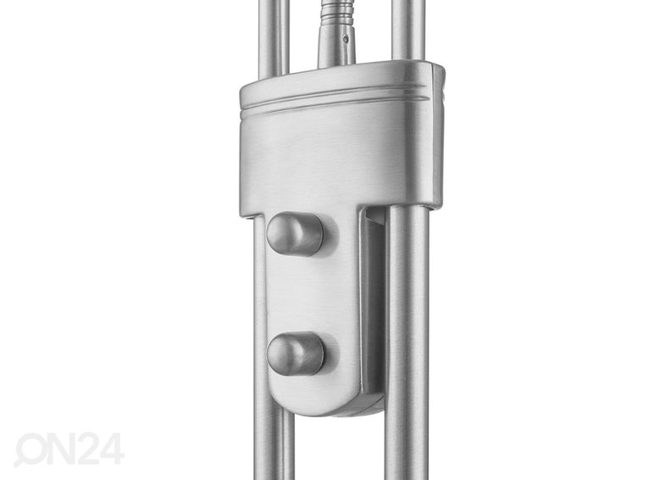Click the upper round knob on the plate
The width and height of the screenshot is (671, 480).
(295, 234)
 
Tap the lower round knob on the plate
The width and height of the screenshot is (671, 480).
(296, 354)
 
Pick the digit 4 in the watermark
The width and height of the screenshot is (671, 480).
(112, 449)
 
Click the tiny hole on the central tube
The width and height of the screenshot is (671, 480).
(346, 39)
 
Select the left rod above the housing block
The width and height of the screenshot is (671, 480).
(274, 39)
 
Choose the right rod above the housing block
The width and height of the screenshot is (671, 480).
(408, 31)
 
